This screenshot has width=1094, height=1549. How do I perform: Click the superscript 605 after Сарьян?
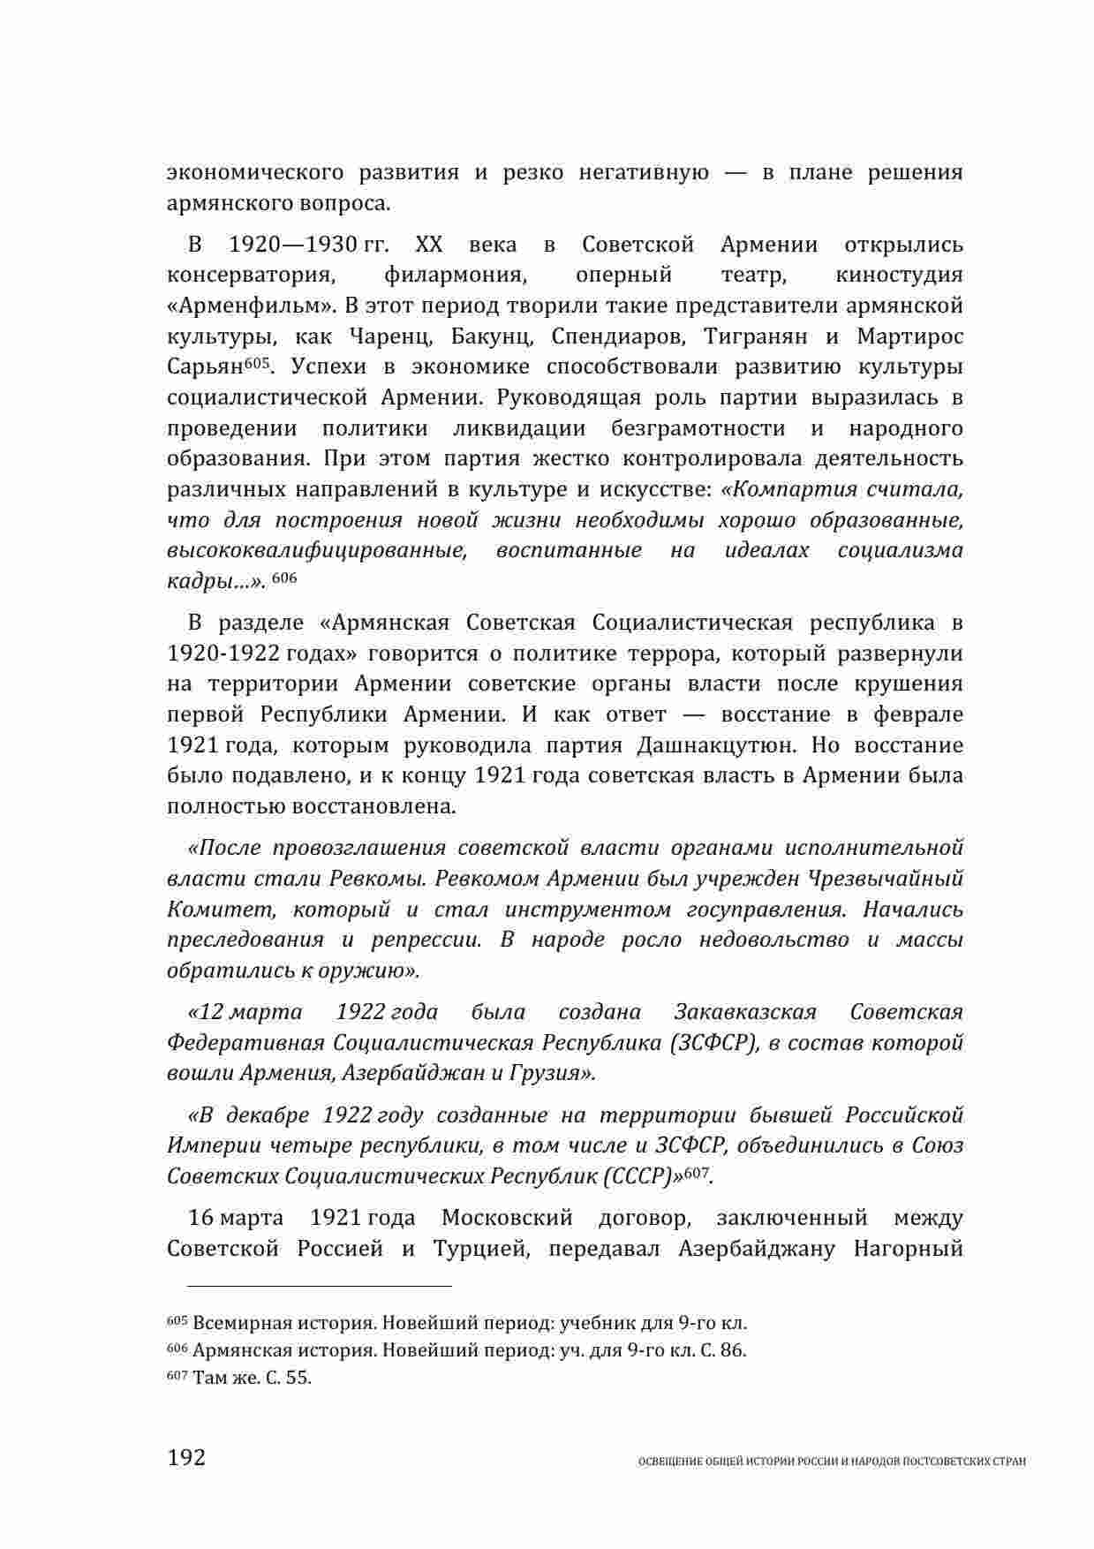tap(255, 362)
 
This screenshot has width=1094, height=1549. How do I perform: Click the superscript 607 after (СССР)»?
tap(698, 1171)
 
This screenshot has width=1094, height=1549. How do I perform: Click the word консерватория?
tap(251, 276)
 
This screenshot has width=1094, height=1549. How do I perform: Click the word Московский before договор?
tap(507, 1219)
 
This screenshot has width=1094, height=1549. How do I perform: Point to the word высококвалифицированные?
tap(316, 551)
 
